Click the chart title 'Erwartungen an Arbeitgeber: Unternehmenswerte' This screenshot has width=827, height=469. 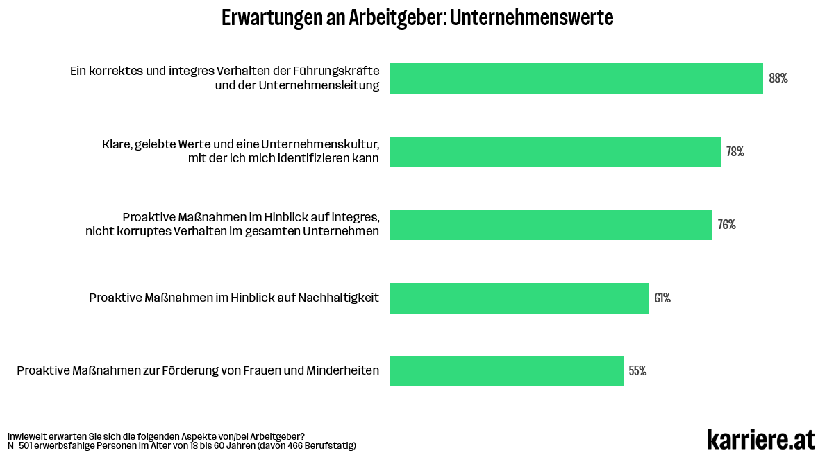point(417,18)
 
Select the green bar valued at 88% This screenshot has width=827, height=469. point(576,78)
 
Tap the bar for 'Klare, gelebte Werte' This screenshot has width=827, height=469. point(555,152)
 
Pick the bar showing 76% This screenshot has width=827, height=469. point(551,225)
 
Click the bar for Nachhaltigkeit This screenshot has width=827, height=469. point(519,298)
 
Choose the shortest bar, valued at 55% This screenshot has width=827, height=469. point(506,371)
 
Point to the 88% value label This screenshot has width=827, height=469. point(778,78)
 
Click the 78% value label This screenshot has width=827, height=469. point(735,152)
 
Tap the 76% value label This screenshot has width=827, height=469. point(726,225)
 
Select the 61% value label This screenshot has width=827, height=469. point(662,298)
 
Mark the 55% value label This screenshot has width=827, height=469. point(637,371)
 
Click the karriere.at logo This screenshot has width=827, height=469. point(761,439)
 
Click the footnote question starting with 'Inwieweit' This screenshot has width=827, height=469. point(156,436)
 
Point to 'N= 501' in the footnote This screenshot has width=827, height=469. point(22,445)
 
